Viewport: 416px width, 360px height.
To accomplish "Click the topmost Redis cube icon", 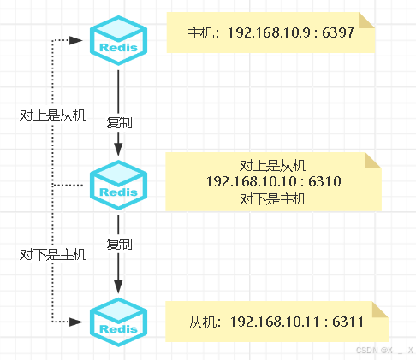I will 118,39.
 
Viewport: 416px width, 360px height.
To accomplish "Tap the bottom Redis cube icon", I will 118,322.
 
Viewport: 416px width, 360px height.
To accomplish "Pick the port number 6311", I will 347,322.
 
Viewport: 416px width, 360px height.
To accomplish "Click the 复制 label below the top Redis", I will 119,122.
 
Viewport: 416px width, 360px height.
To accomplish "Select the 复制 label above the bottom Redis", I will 119,245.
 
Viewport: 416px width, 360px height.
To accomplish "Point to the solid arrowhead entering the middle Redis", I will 118,150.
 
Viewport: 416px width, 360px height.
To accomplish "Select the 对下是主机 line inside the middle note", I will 274,198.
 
